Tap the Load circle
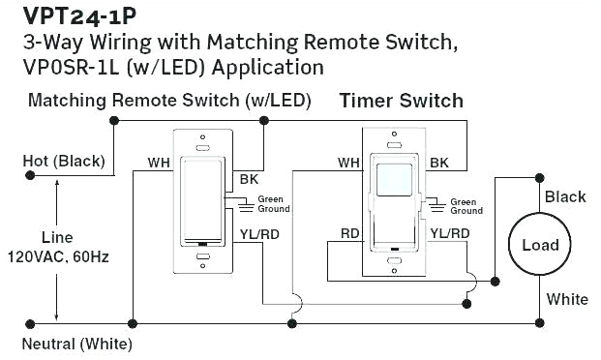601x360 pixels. click(x=540, y=245)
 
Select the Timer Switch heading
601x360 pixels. click(x=401, y=102)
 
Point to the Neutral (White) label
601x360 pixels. click(x=76, y=344)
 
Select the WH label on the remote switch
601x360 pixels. click(x=159, y=162)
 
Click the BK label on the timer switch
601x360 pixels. click(x=439, y=162)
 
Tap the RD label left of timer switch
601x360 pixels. click(x=350, y=233)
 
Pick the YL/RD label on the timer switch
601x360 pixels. click(x=450, y=233)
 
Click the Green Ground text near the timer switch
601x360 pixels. click(x=466, y=205)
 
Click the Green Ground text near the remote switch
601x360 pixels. click(x=274, y=204)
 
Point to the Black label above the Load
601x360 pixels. click(x=565, y=196)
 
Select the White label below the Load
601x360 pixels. click(x=567, y=299)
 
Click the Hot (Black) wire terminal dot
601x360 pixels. click(x=30, y=176)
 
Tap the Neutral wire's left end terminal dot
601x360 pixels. click(x=30, y=320)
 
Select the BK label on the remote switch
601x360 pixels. click(x=247, y=180)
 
